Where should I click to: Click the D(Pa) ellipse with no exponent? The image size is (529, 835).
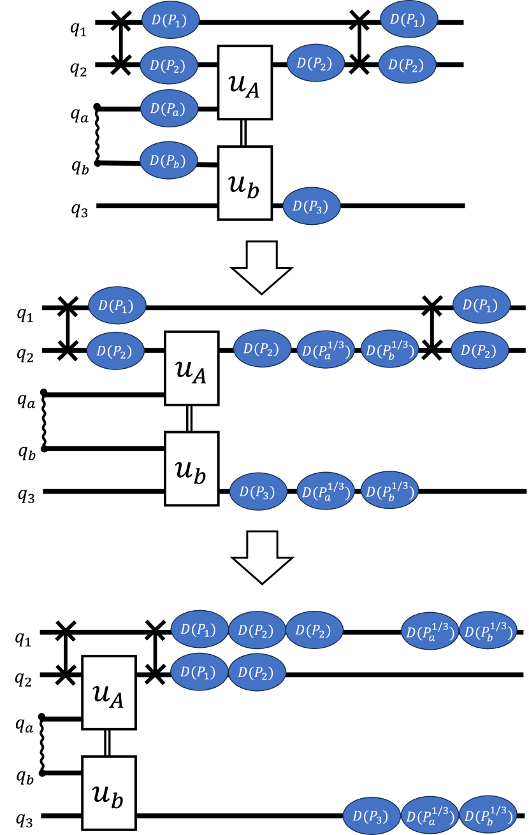point(169,108)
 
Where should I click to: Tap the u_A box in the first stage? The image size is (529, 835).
point(245,83)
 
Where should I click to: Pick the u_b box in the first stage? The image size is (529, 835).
point(245,183)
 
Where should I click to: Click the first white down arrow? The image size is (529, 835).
point(262,266)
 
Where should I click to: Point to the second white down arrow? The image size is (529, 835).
point(262,556)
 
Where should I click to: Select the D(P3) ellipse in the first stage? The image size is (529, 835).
point(312,206)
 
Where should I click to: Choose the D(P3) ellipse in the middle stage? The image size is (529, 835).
point(258,491)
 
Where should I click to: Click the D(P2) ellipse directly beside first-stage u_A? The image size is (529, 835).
point(315,63)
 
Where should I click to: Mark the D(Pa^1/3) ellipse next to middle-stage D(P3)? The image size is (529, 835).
point(326,491)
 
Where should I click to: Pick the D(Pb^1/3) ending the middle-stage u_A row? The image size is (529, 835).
point(389,350)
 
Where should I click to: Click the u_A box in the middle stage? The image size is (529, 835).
point(192,368)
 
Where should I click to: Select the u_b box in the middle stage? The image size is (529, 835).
point(192,469)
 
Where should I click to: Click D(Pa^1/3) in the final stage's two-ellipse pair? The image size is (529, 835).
point(430,631)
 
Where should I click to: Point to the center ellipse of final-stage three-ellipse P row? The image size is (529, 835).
point(256,630)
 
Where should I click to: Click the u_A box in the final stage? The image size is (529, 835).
point(109,692)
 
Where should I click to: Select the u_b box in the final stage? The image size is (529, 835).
point(109,793)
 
